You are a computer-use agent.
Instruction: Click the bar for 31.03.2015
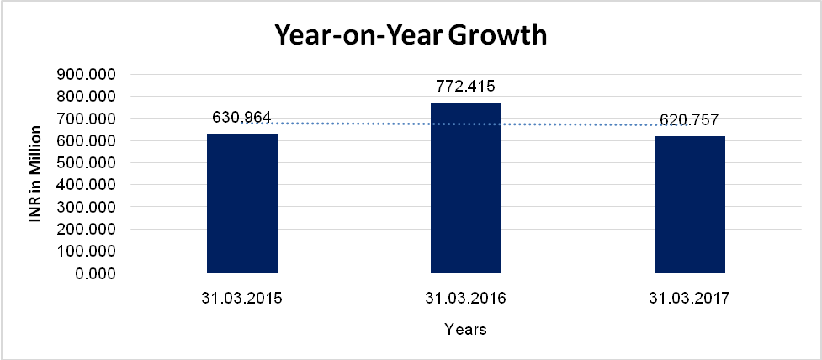242,203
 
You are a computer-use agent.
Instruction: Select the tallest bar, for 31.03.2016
465,188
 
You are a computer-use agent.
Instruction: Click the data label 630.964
241,118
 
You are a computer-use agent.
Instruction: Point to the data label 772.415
465,86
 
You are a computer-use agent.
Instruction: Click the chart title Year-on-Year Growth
411,35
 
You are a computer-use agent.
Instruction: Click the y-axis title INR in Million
36,174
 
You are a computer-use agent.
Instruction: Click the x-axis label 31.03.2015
241,297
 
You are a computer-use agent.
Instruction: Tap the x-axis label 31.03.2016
465,297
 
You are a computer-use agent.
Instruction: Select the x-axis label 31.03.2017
690,297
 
